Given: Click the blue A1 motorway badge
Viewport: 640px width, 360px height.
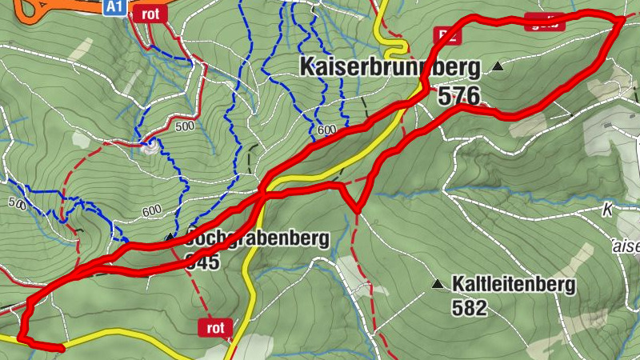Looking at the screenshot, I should (114, 7).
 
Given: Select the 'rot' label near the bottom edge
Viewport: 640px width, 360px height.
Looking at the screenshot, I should (214, 327).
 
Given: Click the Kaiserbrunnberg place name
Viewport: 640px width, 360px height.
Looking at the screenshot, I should (390, 66).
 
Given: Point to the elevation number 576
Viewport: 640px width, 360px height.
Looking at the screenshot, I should (458, 97).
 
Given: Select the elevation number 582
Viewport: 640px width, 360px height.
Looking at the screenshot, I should (469, 307).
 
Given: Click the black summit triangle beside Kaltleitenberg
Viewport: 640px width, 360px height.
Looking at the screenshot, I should (437, 284).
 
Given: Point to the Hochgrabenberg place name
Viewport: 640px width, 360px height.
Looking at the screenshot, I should (256, 238).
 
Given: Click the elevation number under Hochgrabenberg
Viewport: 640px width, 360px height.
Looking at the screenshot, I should (202, 262).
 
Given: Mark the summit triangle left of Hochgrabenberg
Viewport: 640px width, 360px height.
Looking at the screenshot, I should (170, 238).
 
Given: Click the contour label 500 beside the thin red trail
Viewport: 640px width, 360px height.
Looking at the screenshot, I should (185, 126).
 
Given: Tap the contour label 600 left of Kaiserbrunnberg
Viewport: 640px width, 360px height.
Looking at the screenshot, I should (326, 130).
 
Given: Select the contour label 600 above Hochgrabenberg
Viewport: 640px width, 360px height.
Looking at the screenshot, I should (151, 211).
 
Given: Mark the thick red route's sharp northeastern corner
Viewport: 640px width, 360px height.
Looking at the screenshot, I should (622, 18).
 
